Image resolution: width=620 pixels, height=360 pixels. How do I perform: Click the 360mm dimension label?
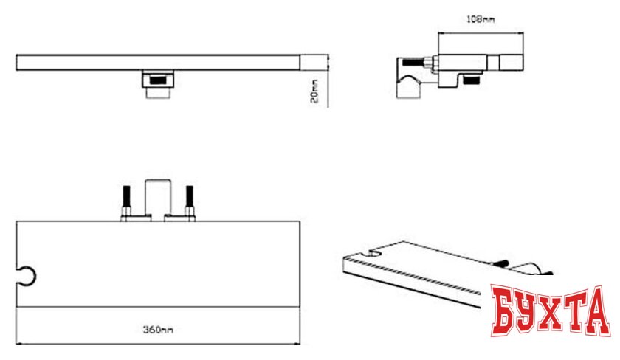click(x=158, y=329)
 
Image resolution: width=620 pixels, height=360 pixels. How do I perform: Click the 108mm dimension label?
click(x=480, y=18)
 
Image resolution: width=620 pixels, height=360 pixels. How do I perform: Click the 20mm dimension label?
click(x=314, y=91)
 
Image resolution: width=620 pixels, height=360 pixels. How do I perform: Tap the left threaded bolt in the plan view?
click(x=126, y=200)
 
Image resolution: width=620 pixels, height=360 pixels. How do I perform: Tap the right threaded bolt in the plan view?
click(x=190, y=200)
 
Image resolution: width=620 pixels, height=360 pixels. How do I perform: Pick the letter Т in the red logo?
click(x=574, y=309)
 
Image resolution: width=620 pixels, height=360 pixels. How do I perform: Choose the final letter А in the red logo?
click(x=595, y=311)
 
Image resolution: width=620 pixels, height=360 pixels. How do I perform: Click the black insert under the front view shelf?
click(x=158, y=79)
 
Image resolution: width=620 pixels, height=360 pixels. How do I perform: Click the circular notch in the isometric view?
click(x=374, y=253)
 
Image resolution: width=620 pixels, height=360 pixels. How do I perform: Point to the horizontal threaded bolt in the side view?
click(x=413, y=62)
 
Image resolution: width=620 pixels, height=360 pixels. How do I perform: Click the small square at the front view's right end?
click(x=314, y=63)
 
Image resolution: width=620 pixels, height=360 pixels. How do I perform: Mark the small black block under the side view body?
click(x=471, y=80)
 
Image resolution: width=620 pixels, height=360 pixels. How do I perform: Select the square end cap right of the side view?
click(x=512, y=63)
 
